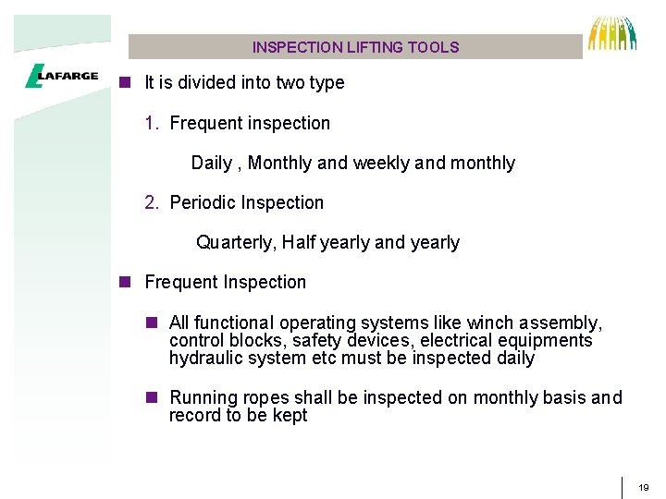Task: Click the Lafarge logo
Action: [x=62, y=77]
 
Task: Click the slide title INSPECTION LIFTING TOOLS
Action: [x=355, y=47]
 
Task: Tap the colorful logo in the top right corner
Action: [x=612, y=33]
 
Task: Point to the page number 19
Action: [x=644, y=487]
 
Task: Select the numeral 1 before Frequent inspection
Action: [x=150, y=123]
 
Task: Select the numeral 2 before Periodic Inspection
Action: [x=150, y=202]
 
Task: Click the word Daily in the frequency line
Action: [x=211, y=164]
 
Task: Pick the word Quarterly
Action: [x=235, y=243]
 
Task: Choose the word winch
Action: [x=489, y=323]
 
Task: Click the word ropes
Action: [x=266, y=398]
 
